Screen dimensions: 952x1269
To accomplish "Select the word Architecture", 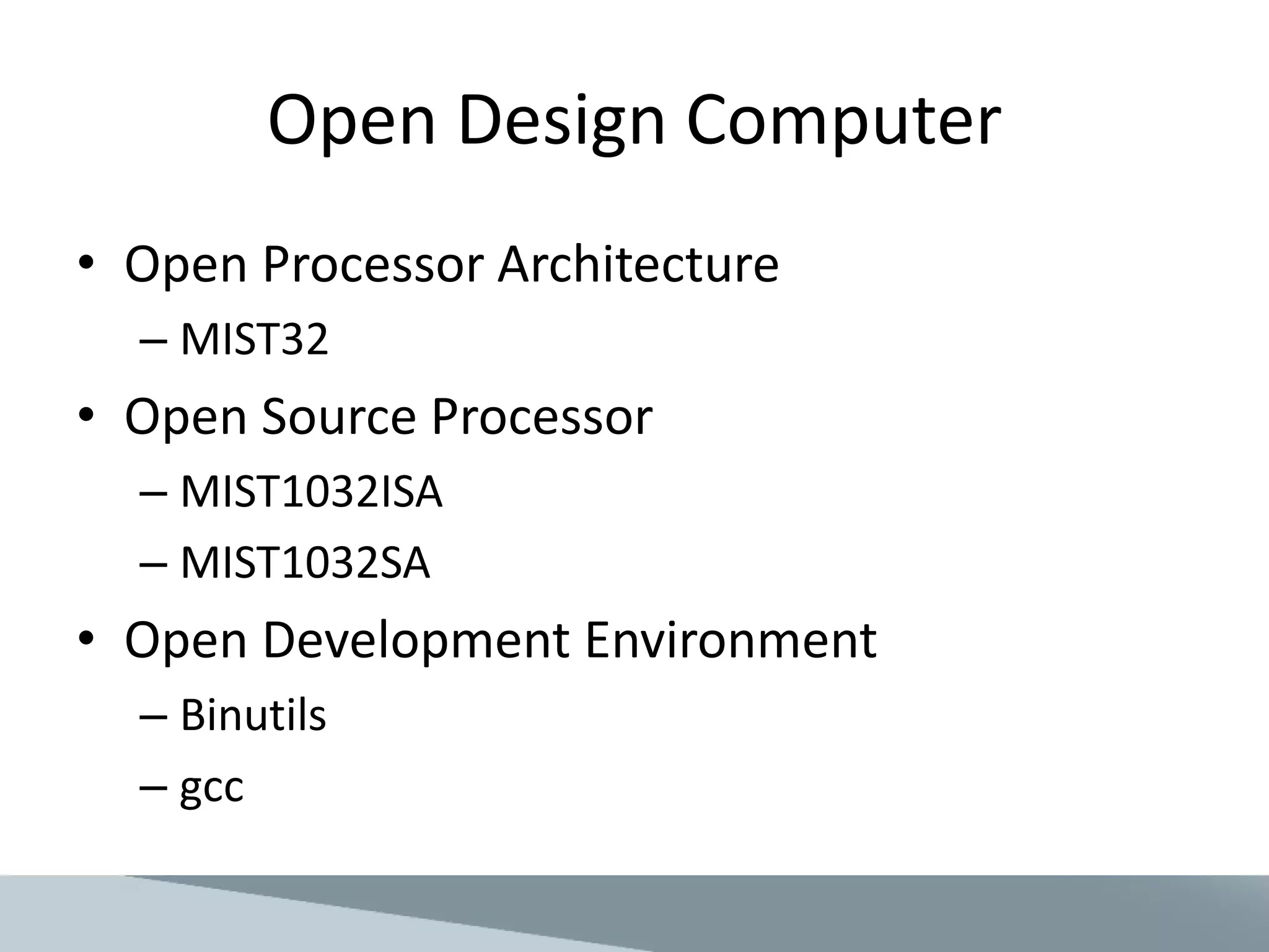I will pos(638,264).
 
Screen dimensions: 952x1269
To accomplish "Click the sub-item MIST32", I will pos(253,340).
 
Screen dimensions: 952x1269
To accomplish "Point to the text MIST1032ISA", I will pos(311,492).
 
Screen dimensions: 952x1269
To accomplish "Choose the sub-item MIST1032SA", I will pos(305,563).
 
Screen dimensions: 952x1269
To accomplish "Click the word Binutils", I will pos(253,715).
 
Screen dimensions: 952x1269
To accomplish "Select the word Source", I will pos(338,416).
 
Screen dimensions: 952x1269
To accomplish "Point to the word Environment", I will pos(731,640).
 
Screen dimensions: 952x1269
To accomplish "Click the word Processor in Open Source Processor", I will pos(542,416).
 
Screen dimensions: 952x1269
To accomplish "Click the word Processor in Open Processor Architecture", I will pos(372,264).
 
